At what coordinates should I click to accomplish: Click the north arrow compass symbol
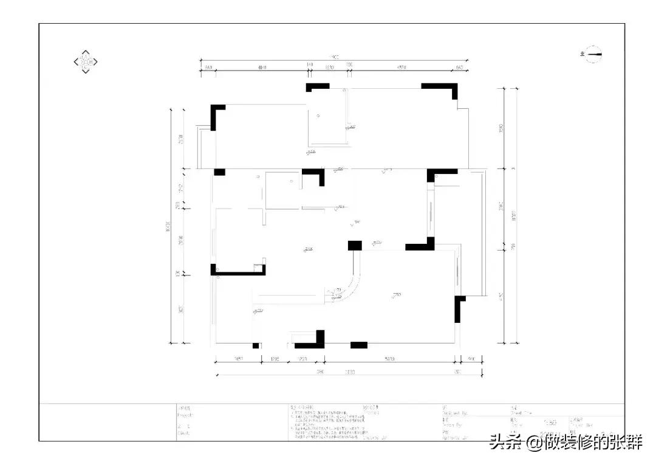pyautogui.click(x=592, y=55)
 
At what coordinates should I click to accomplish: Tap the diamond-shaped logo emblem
pyautogui.click(x=86, y=61)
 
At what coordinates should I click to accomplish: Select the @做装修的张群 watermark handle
pyautogui.click(x=584, y=443)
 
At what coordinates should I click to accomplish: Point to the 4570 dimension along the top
pyautogui.click(x=401, y=67)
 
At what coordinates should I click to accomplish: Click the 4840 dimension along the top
pyautogui.click(x=262, y=67)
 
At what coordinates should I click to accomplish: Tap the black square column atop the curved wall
pyautogui.click(x=355, y=245)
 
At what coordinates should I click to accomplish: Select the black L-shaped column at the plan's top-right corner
pyautogui.click(x=443, y=89)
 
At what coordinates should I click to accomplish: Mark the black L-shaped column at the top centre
pyautogui.click(x=316, y=87)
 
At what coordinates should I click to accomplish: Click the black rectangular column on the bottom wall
pyautogui.click(x=359, y=345)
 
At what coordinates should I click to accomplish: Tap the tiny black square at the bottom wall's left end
pyautogui.click(x=256, y=345)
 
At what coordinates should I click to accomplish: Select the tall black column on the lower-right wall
pyautogui.click(x=459, y=309)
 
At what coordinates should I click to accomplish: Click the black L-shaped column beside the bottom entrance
pyautogui.click(x=312, y=342)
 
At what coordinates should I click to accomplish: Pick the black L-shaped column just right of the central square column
pyautogui.click(x=422, y=245)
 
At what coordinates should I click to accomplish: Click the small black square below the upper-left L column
pyautogui.click(x=219, y=172)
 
